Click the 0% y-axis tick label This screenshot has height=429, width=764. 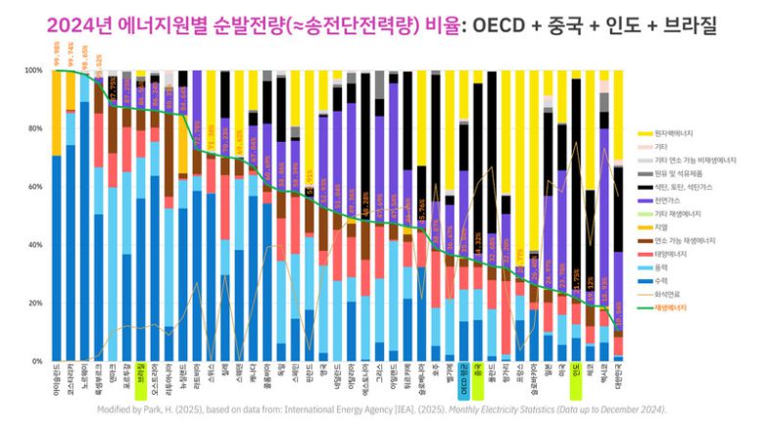[36, 361]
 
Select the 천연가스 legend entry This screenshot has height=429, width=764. [671, 199]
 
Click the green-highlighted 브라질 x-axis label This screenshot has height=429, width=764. [141, 377]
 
